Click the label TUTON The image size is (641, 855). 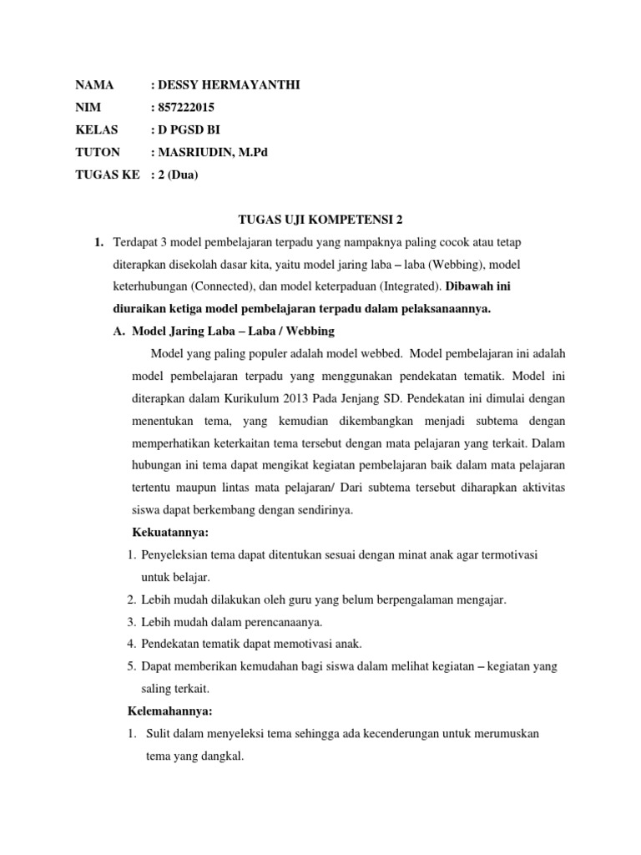98,152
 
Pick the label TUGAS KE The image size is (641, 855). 105,175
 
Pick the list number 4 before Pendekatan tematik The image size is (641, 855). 131,644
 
